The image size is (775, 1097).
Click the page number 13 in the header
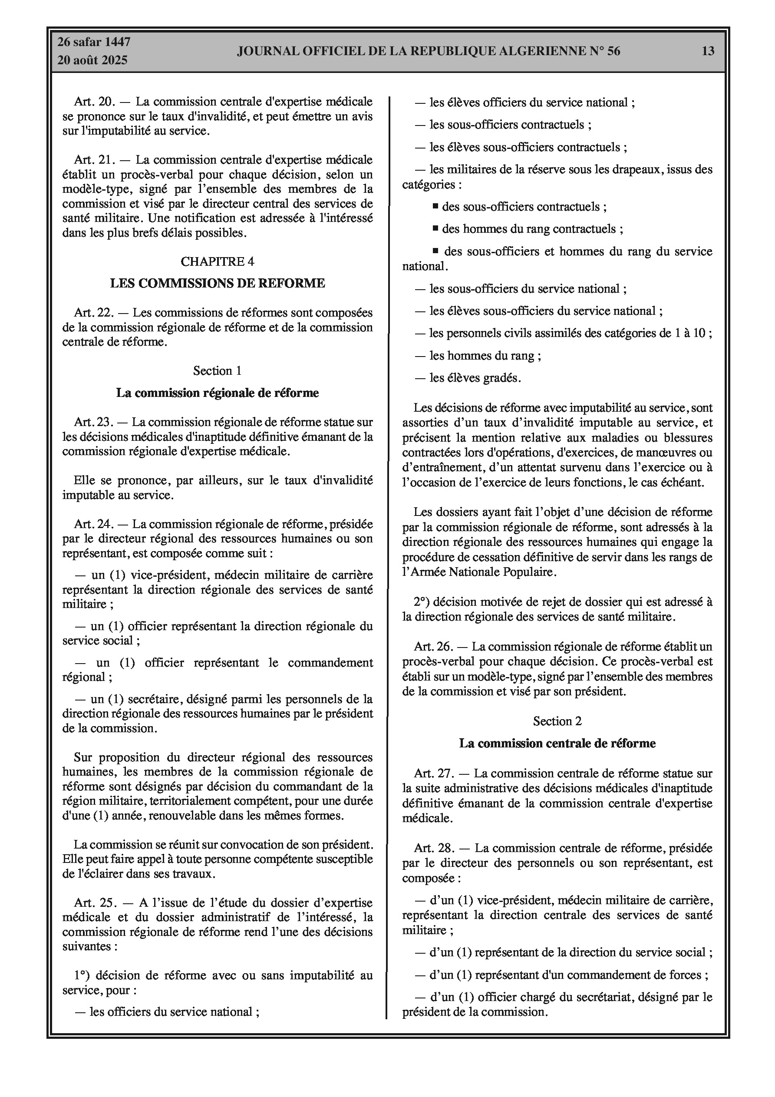708,51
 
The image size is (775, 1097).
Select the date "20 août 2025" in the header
92,60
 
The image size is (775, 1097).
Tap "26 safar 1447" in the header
94,42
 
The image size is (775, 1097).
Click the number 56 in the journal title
613,51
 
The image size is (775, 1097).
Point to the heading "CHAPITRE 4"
218,261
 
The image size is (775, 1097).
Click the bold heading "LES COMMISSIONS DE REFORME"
218,283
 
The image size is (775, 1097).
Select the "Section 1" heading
218,371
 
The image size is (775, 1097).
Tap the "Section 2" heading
557,721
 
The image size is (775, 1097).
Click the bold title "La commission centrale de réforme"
557,743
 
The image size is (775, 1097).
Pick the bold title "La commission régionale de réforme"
218,393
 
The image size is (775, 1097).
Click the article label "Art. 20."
94,102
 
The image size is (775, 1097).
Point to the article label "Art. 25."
94,902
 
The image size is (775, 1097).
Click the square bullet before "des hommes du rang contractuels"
435,228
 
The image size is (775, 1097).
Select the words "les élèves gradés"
475,378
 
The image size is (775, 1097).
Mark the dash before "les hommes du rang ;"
420,356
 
